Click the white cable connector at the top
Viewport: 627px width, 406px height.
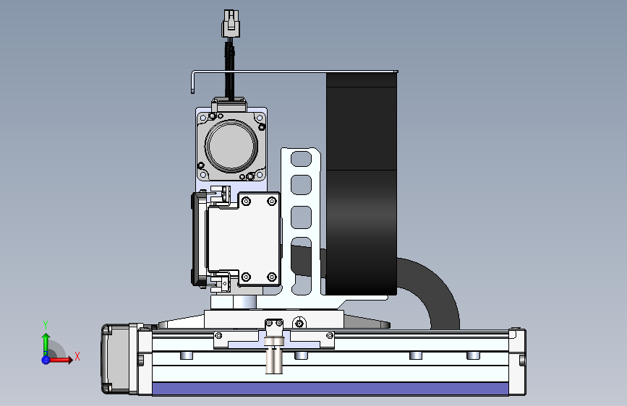tap(230, 24)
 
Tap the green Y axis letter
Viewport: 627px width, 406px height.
tap(46, 325)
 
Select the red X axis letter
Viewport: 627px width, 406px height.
tap(77, 356)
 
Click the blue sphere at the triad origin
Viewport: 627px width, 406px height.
tap(46, 360)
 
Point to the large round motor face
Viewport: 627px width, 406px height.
tap(231, 145)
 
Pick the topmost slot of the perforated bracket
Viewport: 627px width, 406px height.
tap(301, 159)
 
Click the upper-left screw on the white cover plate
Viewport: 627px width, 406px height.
tap(246, 201)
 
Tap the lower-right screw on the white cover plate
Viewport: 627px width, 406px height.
tap(272, 277)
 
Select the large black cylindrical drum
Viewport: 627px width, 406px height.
tap(362, 183)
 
